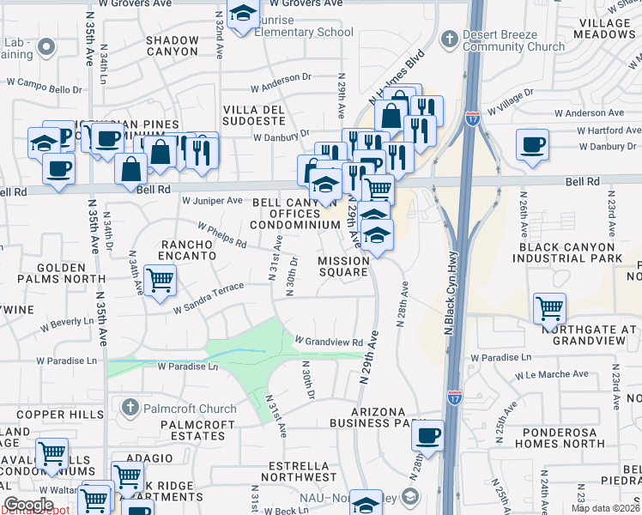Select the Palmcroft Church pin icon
130,408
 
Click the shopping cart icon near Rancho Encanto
160,280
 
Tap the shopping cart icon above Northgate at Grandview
549,307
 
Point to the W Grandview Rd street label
330,342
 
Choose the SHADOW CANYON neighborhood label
172,46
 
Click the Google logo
28,505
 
